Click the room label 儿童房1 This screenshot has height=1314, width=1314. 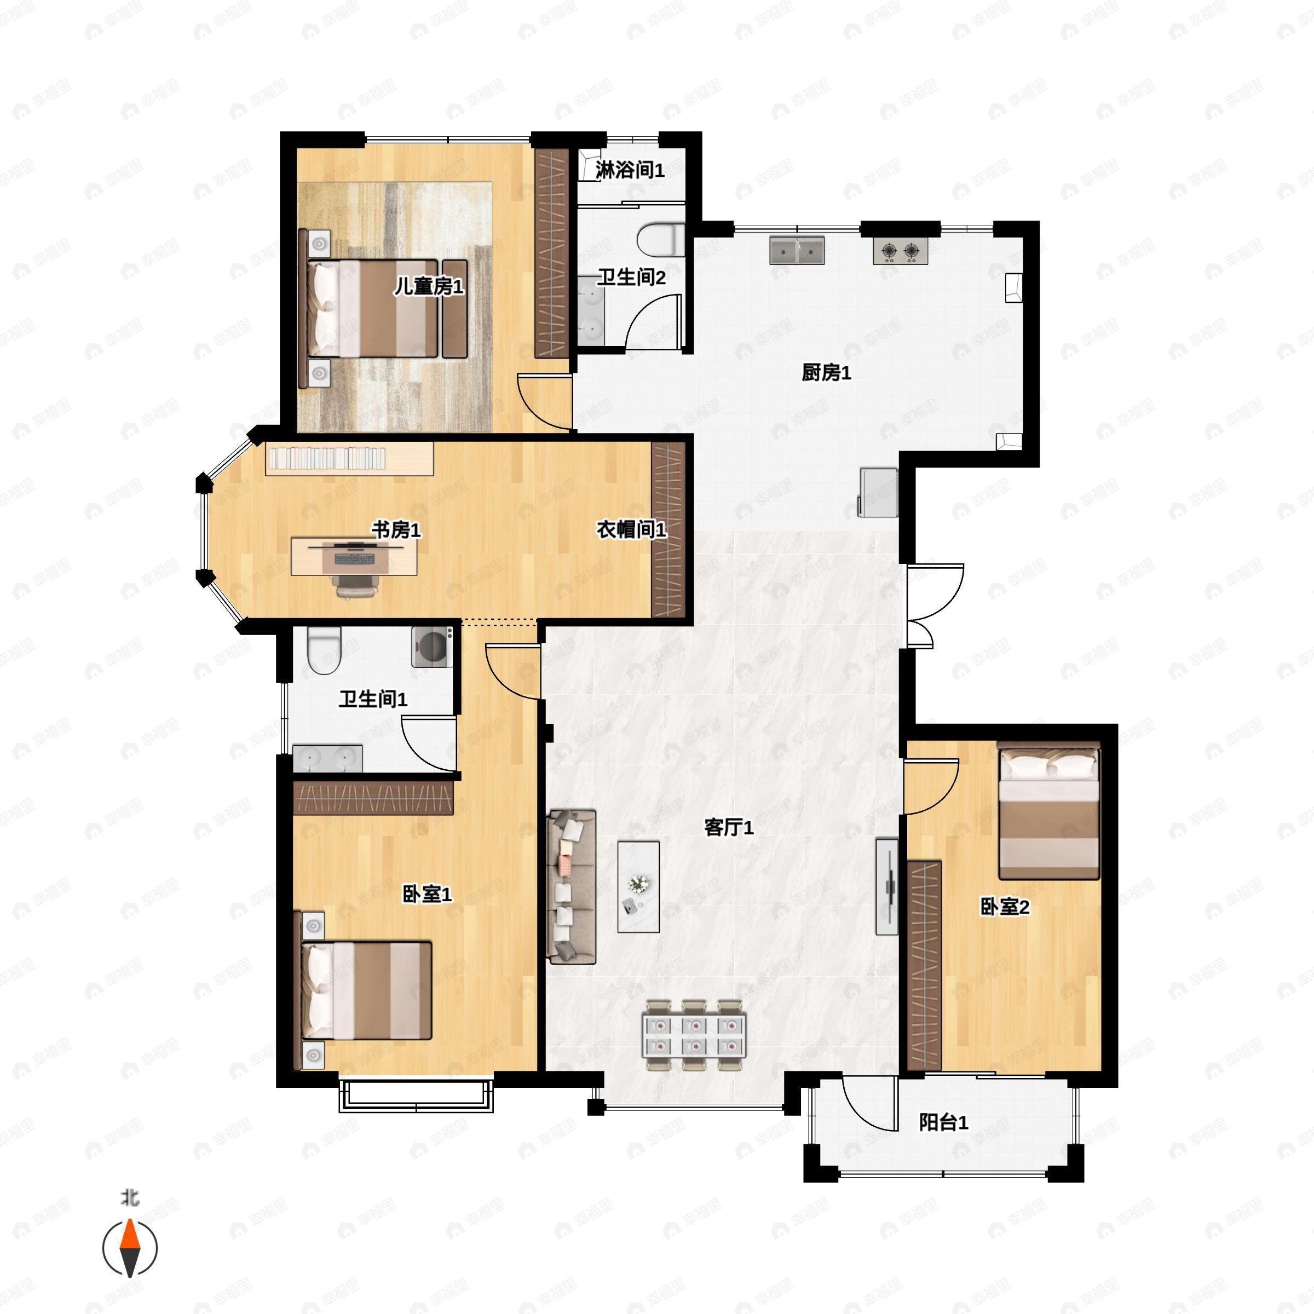[x=429, y=286]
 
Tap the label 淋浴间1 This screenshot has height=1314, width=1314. [x=630, y=170]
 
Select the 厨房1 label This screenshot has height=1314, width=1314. [x=826, y=372]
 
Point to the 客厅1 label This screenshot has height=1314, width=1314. [x=728, y=827]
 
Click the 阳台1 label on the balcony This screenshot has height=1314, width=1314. [x=943, y=1122]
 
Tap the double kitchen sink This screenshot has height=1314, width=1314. [x=797, y=250]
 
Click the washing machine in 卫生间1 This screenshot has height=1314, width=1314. [x=433, y=646]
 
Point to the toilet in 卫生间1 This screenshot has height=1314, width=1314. [x=323, y=650]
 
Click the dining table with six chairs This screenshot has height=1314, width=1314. [x=694, y=1035]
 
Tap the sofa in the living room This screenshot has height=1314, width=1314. [x=571, y=886]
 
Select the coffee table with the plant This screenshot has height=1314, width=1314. [x=638, y=887]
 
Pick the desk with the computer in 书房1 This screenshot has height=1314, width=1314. [x=354, y=556]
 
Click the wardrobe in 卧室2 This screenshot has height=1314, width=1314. [x=924, y=966]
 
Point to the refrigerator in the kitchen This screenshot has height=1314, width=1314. [x=879, y=492]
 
